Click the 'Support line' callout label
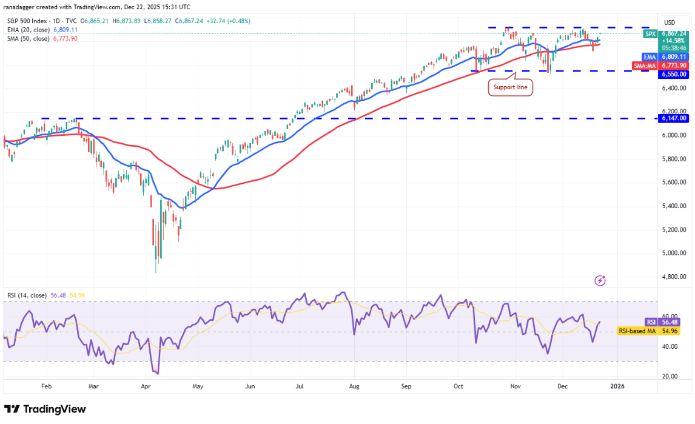tap(511, 88)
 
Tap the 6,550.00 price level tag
tap(674, 74)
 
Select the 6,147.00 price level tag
tap(674, 119)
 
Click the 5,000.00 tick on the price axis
tap(674, 253)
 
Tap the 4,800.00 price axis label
tap(674, 277)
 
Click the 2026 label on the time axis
tap(617, 385)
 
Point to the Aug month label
tap(355, 385)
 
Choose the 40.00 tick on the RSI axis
tap(669, 346)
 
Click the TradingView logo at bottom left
tap(45, 409)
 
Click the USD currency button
tap(670, 22)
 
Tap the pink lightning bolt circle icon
tap(600, 280)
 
